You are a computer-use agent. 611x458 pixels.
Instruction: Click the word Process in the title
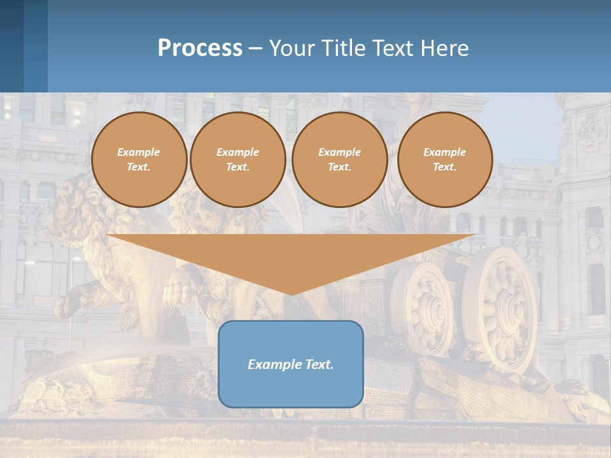point(200,48)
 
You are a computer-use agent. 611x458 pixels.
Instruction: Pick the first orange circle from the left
point(139,160)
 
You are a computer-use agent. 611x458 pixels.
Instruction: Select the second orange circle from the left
point(238,160)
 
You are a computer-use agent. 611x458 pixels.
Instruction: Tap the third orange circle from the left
point(340,160)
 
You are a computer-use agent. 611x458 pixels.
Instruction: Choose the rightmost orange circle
point(445,160)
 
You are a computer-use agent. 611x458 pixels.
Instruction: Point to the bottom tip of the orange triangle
point(291,294)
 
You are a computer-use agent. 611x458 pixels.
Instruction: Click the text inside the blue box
point(291,364)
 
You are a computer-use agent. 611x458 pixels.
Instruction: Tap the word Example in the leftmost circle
point(139,153)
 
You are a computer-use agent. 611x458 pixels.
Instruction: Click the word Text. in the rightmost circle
point(445,167)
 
